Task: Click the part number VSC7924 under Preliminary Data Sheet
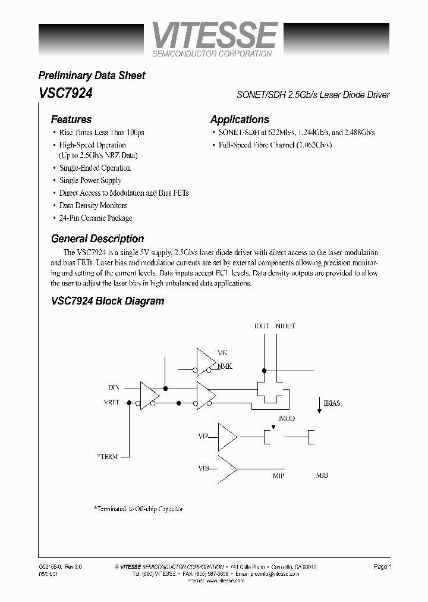[x=65, y=93]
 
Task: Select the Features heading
[x=71, y=120]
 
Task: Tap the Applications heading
[x=240, y=120]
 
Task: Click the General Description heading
[x=97, y=239]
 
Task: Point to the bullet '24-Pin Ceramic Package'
[x=96, y=218]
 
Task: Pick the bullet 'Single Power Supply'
[x=90, y=181]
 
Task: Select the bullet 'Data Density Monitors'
[x=93, y=206]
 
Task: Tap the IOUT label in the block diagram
[x=262, y=326]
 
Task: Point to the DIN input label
[x=114, y=387]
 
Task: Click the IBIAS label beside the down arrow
[x=332, y=403]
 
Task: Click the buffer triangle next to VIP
[x=226, y=437]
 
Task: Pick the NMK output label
[x=225, y=366]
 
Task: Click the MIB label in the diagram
[x=322, y=475]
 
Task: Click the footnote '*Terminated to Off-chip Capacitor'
[x=139, y=509]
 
